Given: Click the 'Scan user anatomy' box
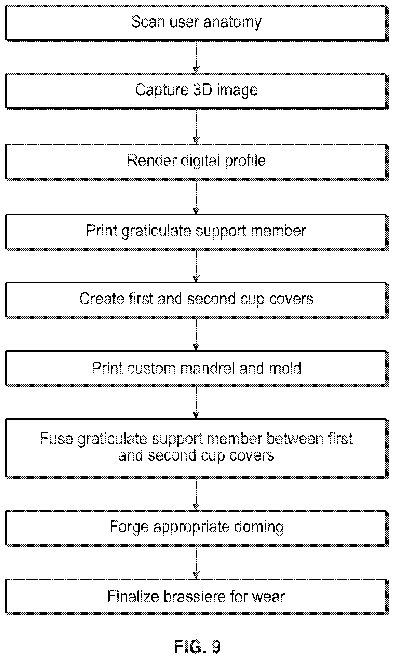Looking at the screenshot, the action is click(x=197, y=23).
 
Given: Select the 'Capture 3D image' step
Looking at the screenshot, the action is click(x=197, y=91).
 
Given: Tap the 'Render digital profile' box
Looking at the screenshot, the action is click(x=197, y=162).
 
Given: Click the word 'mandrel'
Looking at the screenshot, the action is click(x=207, y=368).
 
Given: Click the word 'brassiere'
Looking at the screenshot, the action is click(x=194, y=596).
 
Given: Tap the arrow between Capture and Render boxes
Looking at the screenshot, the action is click(x=196, y=127).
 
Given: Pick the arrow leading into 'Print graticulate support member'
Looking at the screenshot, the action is click(x=196, y=197).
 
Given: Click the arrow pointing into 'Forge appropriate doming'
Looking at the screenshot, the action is click(x=196, y=494).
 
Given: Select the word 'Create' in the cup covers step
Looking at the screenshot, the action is click(x=102, y=299).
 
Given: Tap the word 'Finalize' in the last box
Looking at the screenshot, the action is click(x=133, y=596).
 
